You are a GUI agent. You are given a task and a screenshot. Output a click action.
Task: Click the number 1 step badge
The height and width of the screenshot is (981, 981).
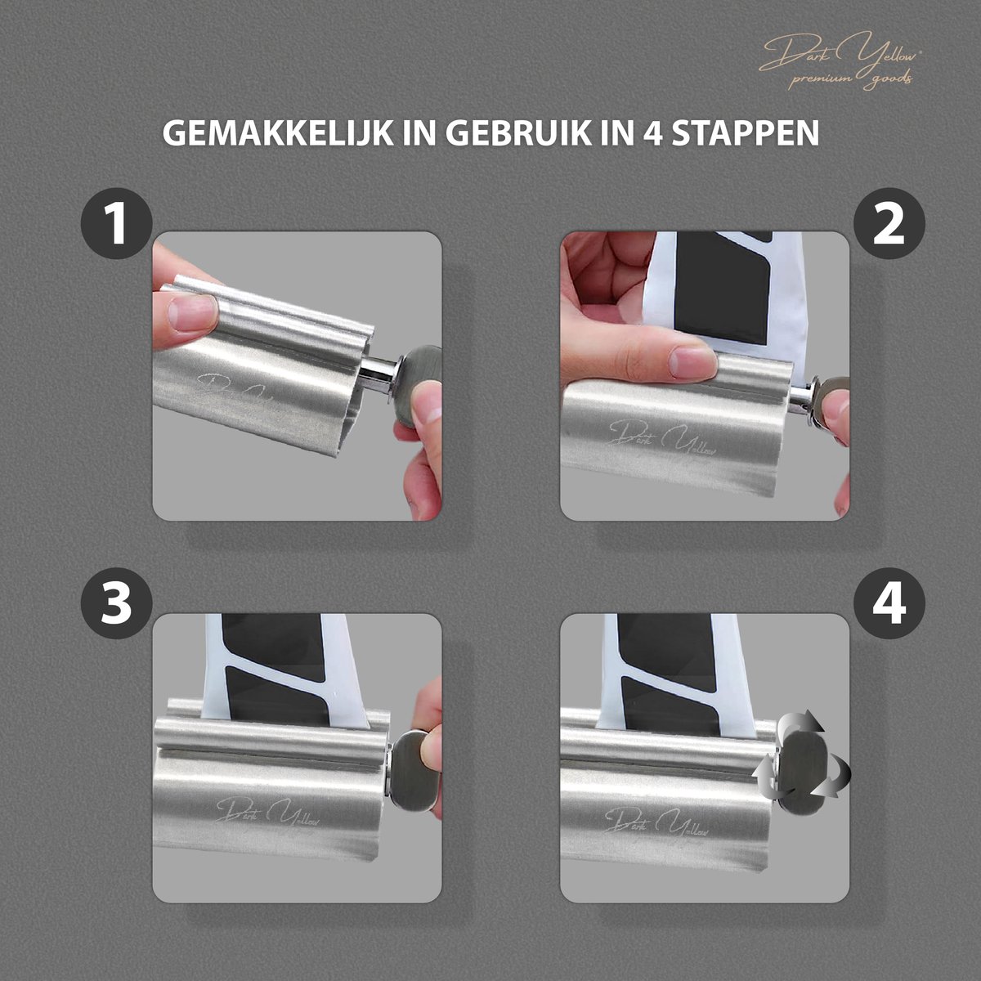click(117, 224)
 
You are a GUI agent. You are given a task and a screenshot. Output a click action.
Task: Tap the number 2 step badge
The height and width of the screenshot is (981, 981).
click(889, 224)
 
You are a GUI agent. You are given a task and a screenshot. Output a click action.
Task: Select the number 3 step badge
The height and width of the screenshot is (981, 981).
click(117, 603)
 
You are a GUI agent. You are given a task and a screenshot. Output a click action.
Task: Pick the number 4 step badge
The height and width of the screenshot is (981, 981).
click(889, 603)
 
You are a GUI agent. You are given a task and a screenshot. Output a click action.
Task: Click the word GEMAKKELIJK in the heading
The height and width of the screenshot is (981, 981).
click(277, 133)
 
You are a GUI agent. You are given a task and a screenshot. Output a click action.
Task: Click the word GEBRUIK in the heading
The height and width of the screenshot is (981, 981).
click(520, 133)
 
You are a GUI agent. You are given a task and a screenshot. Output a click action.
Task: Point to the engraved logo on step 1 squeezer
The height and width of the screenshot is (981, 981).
click(238, 393)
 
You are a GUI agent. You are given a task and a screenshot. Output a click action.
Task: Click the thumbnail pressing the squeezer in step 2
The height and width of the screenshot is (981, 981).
click(691, 362)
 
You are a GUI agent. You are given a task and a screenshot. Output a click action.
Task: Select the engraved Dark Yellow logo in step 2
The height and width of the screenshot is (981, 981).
click(662, 439)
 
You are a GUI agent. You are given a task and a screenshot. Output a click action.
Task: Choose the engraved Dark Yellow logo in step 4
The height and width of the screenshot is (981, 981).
click(656, 822)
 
